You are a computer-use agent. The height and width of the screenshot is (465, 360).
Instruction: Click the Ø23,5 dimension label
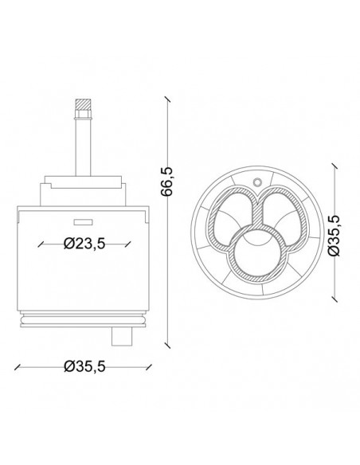pyautogui.click(x=84, y=244)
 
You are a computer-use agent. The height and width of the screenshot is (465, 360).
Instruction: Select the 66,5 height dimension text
pyautogui.click(x=166, y=181)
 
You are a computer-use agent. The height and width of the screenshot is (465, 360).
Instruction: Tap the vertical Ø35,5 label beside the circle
pyautogui.click(x=334, y=235)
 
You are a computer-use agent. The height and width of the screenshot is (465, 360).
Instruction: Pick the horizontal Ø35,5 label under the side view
pyautogui.click(x=84, y=367)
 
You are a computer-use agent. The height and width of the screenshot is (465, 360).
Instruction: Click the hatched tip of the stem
pyautogui.click(x=83, y=104)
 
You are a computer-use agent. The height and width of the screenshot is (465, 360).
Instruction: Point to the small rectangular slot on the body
pyautogui.click(x=83, y=221)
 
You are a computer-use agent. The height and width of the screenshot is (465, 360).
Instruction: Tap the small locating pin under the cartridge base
pyautogui.click(x=122, y=337)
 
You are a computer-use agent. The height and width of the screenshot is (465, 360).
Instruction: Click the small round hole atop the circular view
pyautogui.click(x=257, y=182)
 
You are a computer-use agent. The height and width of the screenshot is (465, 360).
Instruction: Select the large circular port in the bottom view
pyautogui.click(x=256, y=252)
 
